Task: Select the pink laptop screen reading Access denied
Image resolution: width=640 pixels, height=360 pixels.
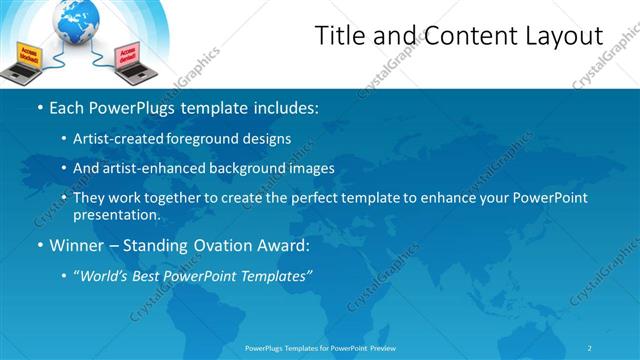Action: (x=128, y=55)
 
